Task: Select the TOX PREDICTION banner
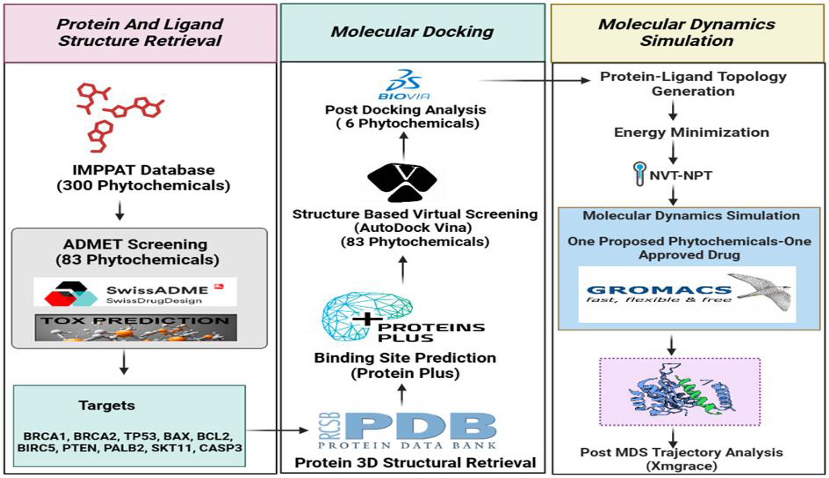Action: coord(136,327)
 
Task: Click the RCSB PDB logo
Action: coord(407,431)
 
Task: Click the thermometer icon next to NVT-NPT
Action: coord(639,174)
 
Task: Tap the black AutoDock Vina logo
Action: coord(402,182)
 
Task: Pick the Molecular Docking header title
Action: coord(412,32)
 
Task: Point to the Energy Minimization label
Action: coord(692,132)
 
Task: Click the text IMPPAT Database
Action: coord(143,170)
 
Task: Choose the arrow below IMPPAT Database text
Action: coord(120,210)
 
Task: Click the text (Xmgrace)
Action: coord(681,466)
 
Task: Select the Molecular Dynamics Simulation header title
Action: coord(687,32)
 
